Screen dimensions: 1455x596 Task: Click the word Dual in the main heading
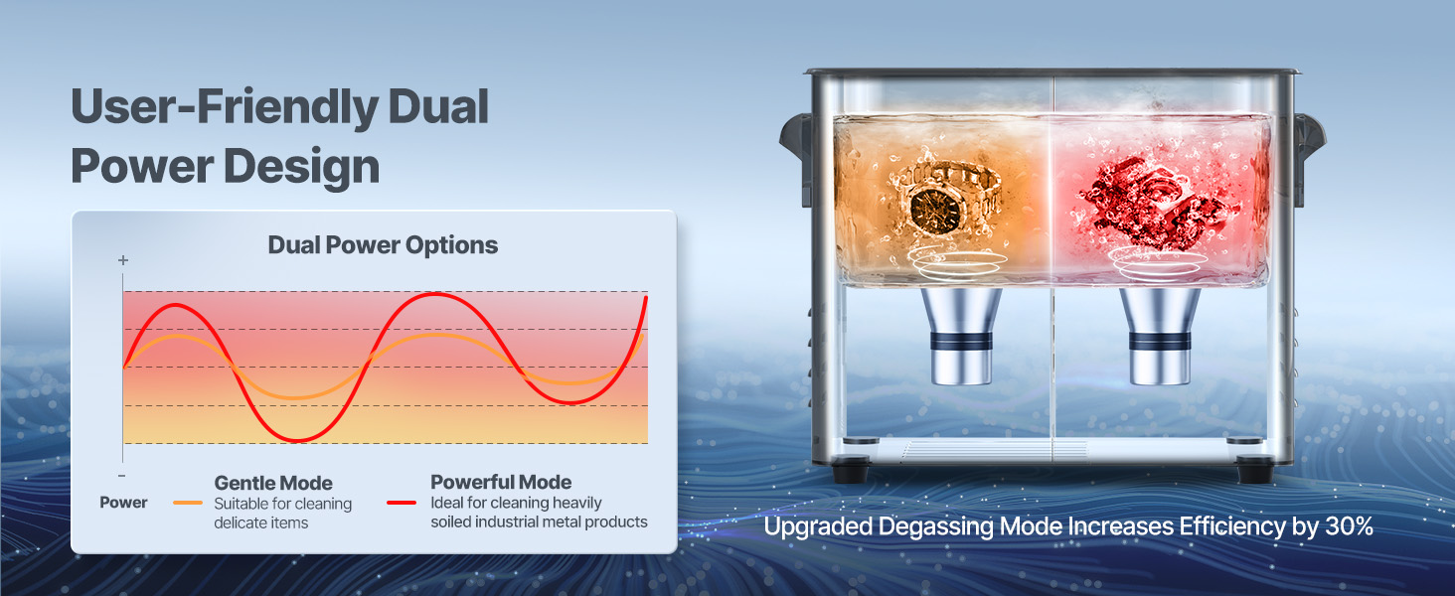[438, 107]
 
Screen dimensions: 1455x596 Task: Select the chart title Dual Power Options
[384, 245]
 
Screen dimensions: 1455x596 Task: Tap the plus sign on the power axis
[123, 260]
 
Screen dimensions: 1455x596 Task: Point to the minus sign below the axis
[122, 476]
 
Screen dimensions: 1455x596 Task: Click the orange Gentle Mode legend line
[188, 503]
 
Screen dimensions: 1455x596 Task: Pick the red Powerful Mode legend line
[402, 503]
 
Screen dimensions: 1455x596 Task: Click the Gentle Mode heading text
[273, 483]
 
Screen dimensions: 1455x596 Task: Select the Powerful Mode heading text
[501, 482]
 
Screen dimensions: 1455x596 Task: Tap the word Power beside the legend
[123, 503]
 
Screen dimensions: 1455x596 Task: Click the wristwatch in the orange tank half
[945, 198]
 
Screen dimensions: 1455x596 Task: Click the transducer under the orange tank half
[961, 336]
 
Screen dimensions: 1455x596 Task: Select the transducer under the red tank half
[1160, 336]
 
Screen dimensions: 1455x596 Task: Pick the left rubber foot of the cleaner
[851, 470]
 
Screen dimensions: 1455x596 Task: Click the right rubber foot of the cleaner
[1255, 470]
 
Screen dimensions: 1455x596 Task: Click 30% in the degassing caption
[1349, 525]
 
